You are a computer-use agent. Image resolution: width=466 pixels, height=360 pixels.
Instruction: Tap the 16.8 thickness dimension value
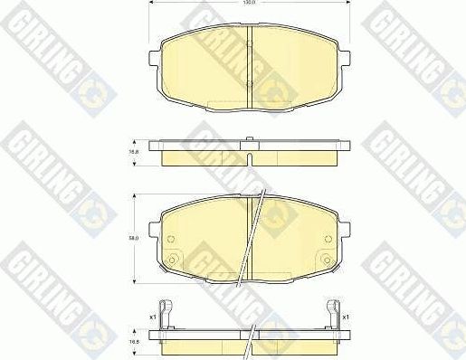coord(135,153)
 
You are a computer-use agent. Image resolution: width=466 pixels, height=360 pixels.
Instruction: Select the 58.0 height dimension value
coord(135,239)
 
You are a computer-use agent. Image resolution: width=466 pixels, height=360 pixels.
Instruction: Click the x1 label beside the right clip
coord(346,317)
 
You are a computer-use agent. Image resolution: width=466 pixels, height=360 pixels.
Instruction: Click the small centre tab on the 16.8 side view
coord(248,138)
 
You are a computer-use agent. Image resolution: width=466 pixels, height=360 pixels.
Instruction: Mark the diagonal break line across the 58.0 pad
coord(252,235)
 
